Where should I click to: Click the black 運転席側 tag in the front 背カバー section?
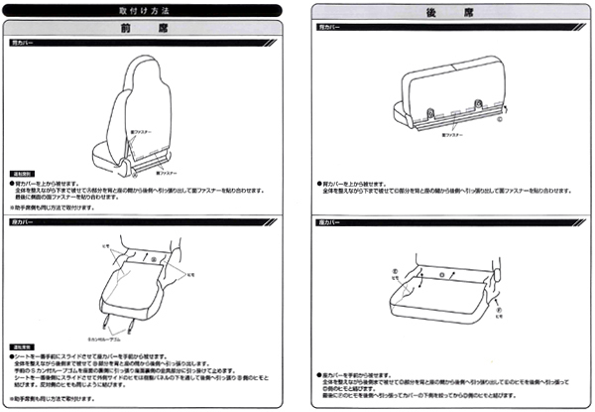21,171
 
